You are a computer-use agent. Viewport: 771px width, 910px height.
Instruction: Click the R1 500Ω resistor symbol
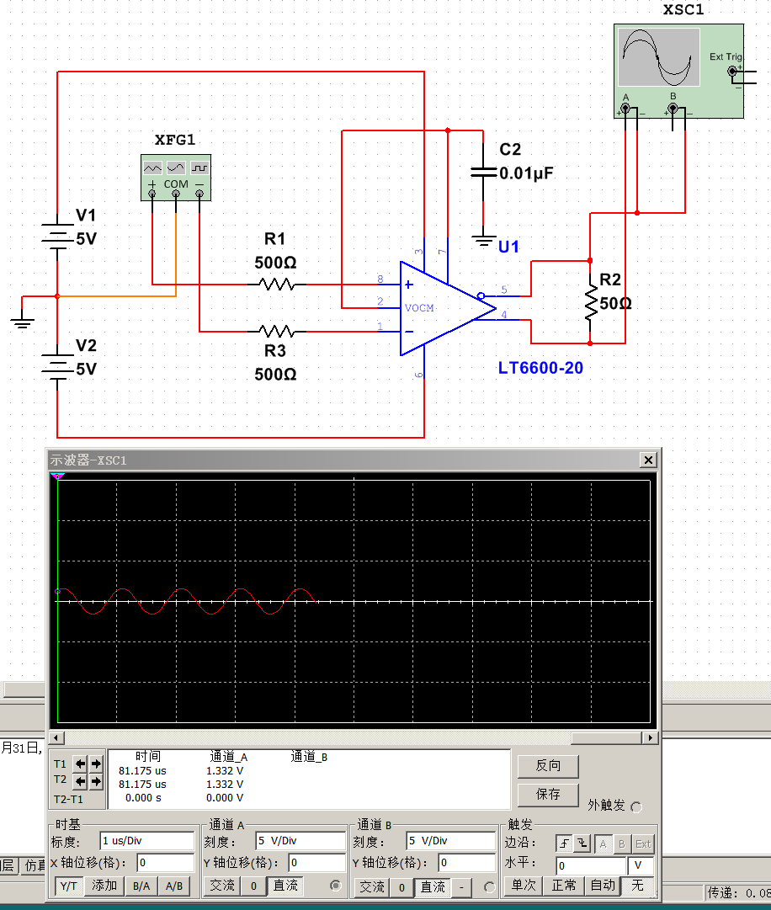pyautogui.click(x=276, y=285)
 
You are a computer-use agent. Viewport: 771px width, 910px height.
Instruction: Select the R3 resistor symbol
pyautogui.click(x=276, y=331)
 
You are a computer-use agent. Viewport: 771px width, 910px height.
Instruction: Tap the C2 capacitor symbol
pyautogui.click(x=483, y=172)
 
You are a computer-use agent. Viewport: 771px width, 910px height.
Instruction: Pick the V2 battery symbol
pyautogui.click(x=56, y=368)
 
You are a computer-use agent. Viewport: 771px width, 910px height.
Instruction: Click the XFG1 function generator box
pyautogui.click(x=175, y=178)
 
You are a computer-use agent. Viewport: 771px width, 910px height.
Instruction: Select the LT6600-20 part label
pyautogui.click(x=540, y=368)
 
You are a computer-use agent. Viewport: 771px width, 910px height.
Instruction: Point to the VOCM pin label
pyautogui.click(x=419, y=308)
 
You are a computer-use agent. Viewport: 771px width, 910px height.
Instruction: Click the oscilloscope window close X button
pyautogui.click(x=648, y=460)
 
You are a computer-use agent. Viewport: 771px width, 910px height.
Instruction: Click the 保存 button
pyautogui.click(x=547, y=794)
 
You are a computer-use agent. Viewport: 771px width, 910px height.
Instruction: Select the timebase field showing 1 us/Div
pyautogui.click(x=146, y=840)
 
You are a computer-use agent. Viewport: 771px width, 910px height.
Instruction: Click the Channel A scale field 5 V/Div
pyautogui.click(x=300, y=840)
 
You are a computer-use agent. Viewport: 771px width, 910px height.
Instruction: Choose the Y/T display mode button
pyautogui.click(x=70, y=885)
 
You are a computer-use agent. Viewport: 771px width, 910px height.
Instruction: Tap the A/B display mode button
pyautogui.click(x=174, y=885)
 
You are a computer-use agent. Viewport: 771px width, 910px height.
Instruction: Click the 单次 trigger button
pyautogui.click(x=523, y=885)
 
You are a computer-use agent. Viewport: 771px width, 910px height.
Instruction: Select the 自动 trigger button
pyautogui.click(x=602, y=885)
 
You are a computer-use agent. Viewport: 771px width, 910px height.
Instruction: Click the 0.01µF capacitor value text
pyautogui.click(x=526, y=173)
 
